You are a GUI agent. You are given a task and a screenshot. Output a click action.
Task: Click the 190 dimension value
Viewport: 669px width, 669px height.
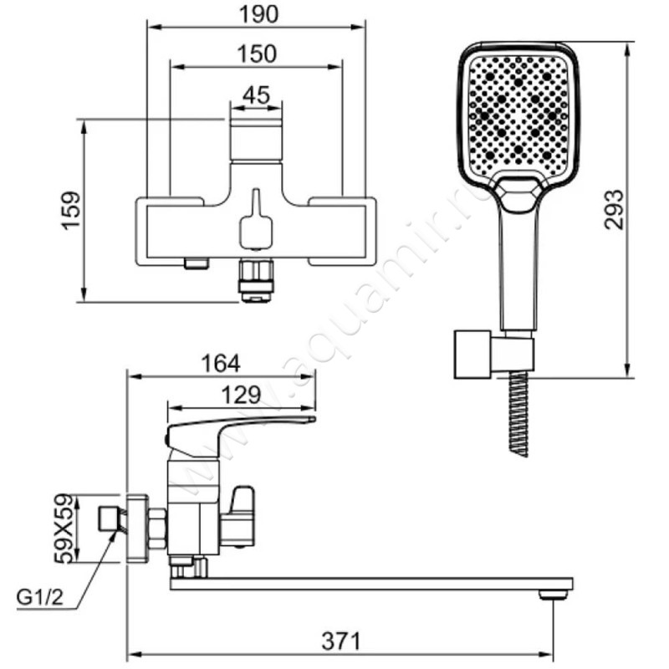pos(258,14)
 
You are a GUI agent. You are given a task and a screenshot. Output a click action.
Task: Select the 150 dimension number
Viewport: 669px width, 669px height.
pos(257,54)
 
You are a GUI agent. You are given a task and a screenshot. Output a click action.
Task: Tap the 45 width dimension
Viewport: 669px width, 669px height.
pos(256,95)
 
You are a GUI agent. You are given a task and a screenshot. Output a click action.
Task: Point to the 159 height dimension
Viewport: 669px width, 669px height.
pos(71,212)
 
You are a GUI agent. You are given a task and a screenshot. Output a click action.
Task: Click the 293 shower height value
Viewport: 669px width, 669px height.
pos(614,210)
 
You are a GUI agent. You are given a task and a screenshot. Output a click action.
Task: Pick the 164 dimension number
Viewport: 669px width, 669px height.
pos(220,364)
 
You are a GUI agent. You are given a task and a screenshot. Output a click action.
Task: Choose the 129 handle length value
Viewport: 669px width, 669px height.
pos(241,395)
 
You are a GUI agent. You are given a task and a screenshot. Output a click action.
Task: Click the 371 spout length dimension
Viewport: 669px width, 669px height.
pos(341,641)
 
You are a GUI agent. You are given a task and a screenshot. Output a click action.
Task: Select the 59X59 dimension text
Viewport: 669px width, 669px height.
pos(64,529)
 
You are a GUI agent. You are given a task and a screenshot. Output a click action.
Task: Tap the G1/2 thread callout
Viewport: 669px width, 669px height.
pos(39,598)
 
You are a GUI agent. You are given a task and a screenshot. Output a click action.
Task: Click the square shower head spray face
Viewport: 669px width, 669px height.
pos(518,115)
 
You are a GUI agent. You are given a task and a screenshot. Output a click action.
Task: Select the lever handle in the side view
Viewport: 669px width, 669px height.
pos(239,432)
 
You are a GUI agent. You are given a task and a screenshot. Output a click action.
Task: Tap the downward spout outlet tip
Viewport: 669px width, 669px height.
pos(554,594)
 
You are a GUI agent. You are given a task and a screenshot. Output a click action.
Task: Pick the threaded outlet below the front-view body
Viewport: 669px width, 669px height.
pos(256,281)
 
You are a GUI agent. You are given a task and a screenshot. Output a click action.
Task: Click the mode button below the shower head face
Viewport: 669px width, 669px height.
pos(518,193)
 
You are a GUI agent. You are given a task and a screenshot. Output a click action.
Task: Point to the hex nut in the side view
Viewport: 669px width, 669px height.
pos(156,529)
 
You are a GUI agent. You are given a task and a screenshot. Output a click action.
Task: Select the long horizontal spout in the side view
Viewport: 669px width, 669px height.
pos(371,584)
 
